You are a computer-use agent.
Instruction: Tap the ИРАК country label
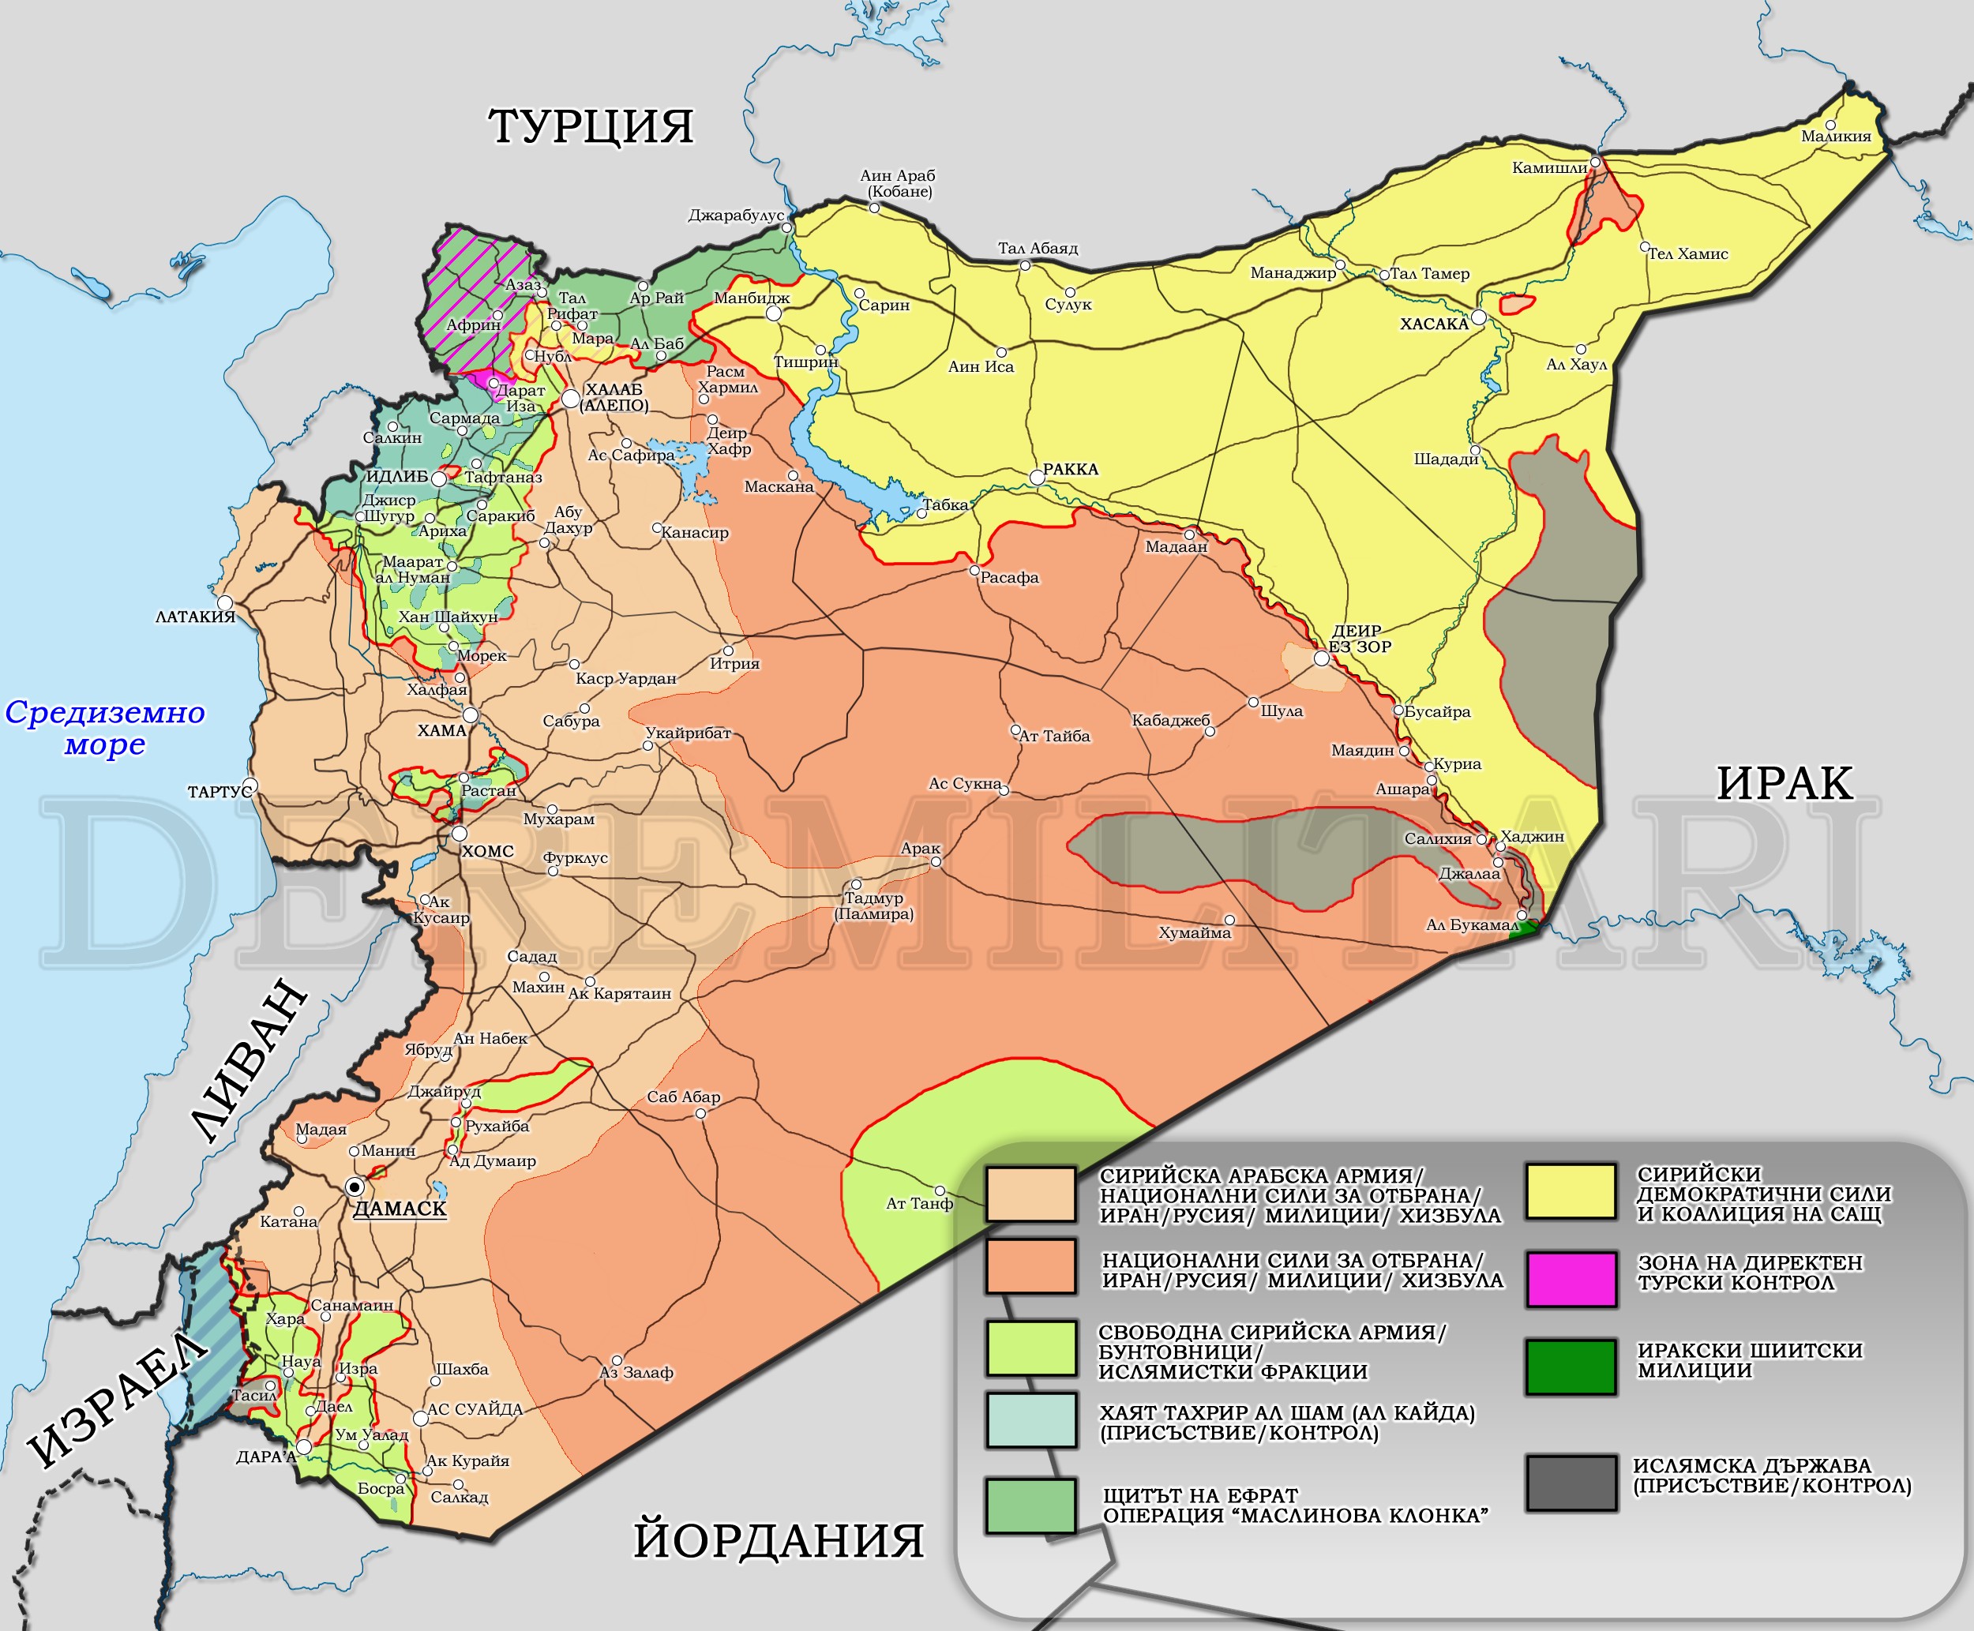pyautogui.click(x=1784, y=782)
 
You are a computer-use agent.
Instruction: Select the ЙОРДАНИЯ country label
pyautogui.click(x=778, y=1541)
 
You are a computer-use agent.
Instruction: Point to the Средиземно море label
pyautogui.click(x=105, y=728)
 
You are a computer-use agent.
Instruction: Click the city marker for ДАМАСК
pyautogui.click(x=355, y=1187)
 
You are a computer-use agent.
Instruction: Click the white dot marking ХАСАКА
pyautogui.click(x=1479, y=317)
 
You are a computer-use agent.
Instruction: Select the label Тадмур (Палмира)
pyautogui.click(x=874, y=905)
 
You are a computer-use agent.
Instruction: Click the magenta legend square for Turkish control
pyautogui.click(x=1571, y=1279)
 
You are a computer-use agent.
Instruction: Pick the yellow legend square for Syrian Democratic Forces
pyautogui.click(x=1571, y=1191)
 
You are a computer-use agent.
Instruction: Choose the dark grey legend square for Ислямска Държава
pyautogui.click(x=1571, y=1483)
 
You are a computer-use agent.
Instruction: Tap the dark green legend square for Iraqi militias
pyautogui.click(x=1571, y=1366)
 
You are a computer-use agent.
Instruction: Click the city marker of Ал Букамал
pyautogui.click(x=1522, y=914)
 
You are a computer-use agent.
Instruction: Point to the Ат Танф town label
pyautogui.click(x=919, y=1204)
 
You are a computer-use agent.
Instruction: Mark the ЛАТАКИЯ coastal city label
pyautogui.click(x=196, y=617)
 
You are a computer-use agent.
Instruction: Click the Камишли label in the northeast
pyautogui.click(x=1549, y=167)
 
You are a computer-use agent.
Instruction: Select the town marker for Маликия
pyautogui.click(x=1830, y=125)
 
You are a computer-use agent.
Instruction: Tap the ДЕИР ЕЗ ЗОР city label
pyautogui.click(x=1359, y=639)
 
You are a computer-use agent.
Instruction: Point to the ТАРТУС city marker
pyautogui.click(x=250, y=785)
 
